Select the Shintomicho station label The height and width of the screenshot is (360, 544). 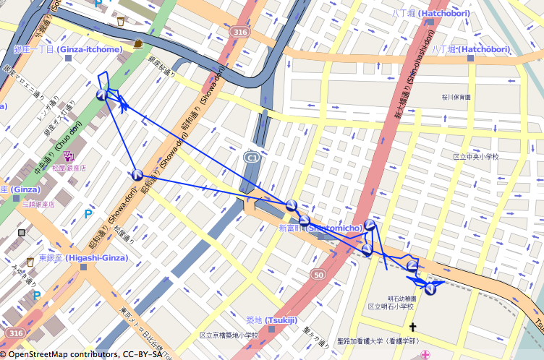pos(320,228)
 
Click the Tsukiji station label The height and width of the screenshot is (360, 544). pos(267,320)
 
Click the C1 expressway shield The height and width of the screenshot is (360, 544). pos(252,157)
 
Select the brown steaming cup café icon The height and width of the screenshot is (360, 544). pos(137,43)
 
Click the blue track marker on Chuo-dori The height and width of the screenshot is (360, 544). pos(102,95)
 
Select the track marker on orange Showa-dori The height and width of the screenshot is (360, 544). pos(137,174)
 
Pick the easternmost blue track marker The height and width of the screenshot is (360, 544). pos(431,289)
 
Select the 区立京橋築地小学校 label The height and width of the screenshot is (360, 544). pos(229,335)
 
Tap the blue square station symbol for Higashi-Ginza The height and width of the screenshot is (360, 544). pos(85,267)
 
